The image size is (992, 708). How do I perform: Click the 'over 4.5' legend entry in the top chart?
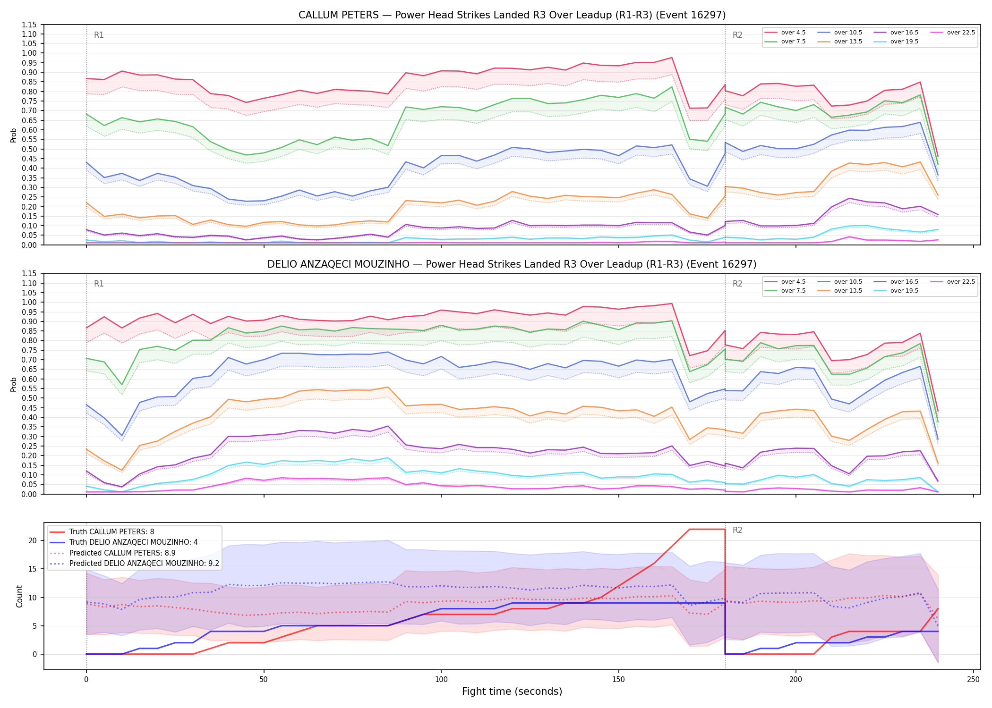point(785,33)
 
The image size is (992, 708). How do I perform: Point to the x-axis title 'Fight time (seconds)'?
point(512,691)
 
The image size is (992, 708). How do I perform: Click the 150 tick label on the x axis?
point(618,680)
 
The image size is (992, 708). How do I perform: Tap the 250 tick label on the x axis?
point(973,680)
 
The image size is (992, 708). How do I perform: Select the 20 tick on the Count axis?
point(33,541)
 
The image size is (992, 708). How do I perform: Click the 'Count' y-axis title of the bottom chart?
point(19,596)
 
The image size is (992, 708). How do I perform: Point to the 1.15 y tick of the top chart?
point(29,25)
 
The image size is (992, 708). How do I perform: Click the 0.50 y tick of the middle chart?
point(29,398)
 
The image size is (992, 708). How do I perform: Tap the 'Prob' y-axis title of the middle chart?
point(13,384)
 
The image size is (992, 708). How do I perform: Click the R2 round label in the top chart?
point(737,35)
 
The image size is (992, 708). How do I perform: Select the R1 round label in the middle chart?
point(99,284)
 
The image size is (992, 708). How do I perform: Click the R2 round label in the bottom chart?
point(737,530)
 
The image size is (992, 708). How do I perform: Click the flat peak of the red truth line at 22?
point(707,529)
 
